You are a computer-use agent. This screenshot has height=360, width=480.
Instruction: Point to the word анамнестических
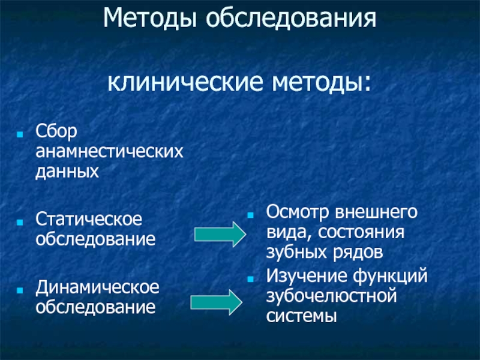pos(109,152)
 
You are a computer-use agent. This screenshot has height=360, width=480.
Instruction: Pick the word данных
pos(67,173)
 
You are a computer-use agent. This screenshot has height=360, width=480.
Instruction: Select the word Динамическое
pos(97,286)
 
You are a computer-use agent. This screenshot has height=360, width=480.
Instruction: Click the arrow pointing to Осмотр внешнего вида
pos(219,233)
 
